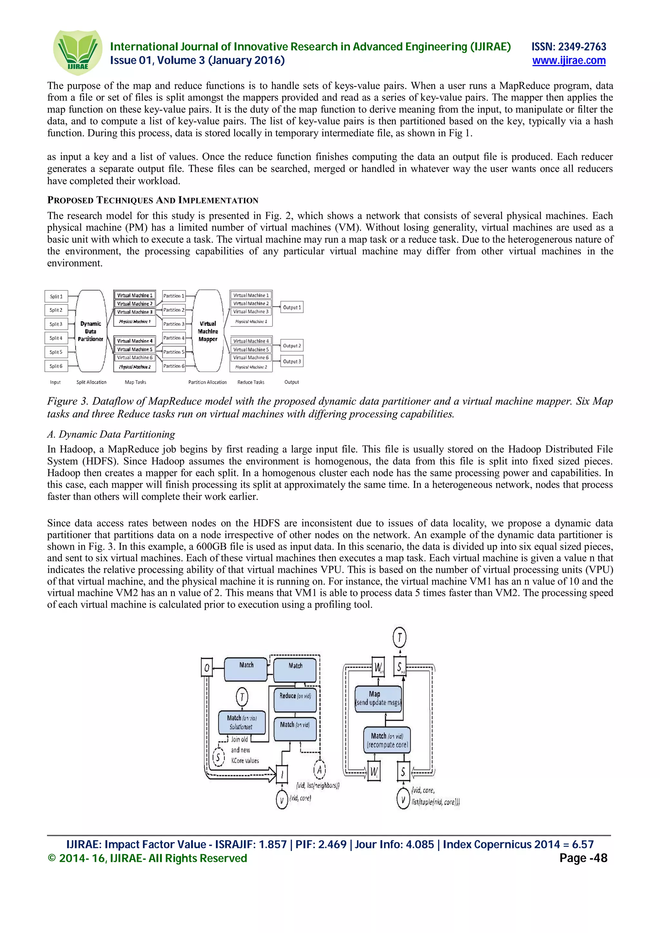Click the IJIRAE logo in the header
pyautogui.click(x=77, y=52)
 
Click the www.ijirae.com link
pyautogui.click(x=568, y=61)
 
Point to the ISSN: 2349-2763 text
pyautogui.click(x=568, y=47)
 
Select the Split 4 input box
pyautogui.click(x=56, y=338)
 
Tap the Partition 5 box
pyautogui.click(x=174, y=352)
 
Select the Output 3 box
pyautogui.click(x=292, y=361)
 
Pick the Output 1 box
pyautogui.click(x=292, y=307)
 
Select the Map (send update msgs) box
pyautogui.click(x=379, y=699)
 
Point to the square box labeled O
pyautogui.click(x=207, y=668)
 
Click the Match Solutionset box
pyautogui.click(x=242, y=722)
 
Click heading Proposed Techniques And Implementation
pyautogui.click(x=153, y=200)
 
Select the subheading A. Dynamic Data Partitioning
pyautogui.click(x=111, y=434)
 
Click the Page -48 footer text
pyautogui.click(x=583, y=858)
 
